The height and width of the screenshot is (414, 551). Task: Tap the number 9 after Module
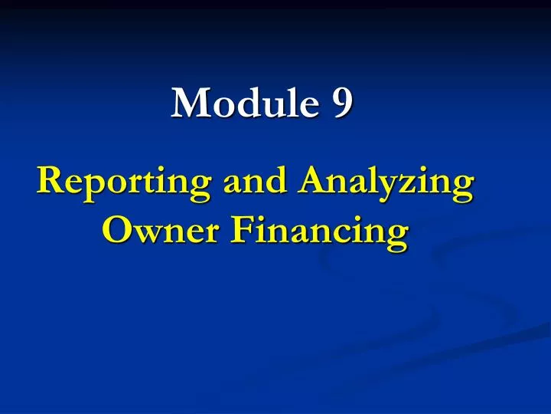click(342, 103)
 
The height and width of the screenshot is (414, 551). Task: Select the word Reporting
click(125, 185)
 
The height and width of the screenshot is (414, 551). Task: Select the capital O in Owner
click(116, 229)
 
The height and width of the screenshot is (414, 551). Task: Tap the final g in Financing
click(395, 235)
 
